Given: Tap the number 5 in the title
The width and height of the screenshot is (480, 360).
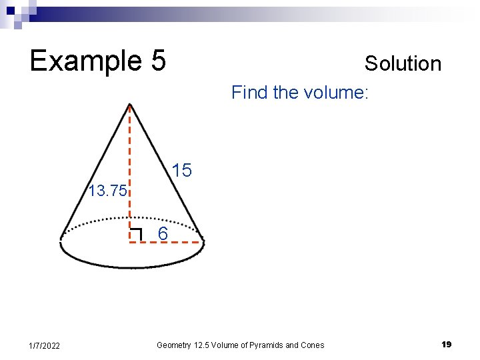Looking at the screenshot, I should coord(157,61).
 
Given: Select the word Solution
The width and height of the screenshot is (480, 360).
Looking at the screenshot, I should coord(403,64).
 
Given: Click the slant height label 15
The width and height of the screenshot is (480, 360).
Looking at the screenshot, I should coord(181,171).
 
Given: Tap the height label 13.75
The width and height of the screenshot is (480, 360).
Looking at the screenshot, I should coord(107,192).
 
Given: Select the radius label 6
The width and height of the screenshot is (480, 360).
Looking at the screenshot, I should coord(163,234).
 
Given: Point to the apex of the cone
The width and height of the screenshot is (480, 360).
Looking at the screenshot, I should coord(130,105).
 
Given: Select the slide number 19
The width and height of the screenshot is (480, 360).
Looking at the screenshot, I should coord(446,345).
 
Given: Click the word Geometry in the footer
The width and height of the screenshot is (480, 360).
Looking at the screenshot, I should coord(174,345).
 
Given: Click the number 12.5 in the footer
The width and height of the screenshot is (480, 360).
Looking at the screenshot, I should coord(203,345).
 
